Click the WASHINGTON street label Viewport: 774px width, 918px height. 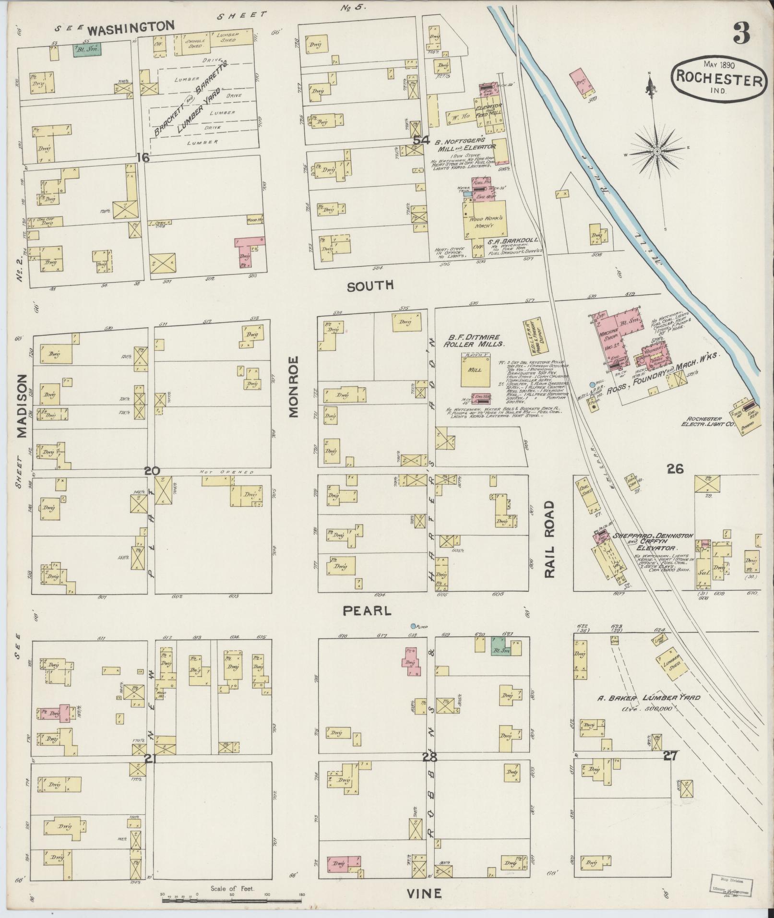click(x=131, y=28)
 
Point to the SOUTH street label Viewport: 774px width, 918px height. click(x=370, y=286)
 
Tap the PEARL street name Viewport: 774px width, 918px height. click(x=367, y=610)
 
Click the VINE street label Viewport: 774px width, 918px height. click(x=424, y=894)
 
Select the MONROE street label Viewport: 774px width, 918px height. click(x=294, y=387)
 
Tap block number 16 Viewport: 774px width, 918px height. click(x=143, y=158)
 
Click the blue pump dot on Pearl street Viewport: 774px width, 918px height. click(x=413, y=626)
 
